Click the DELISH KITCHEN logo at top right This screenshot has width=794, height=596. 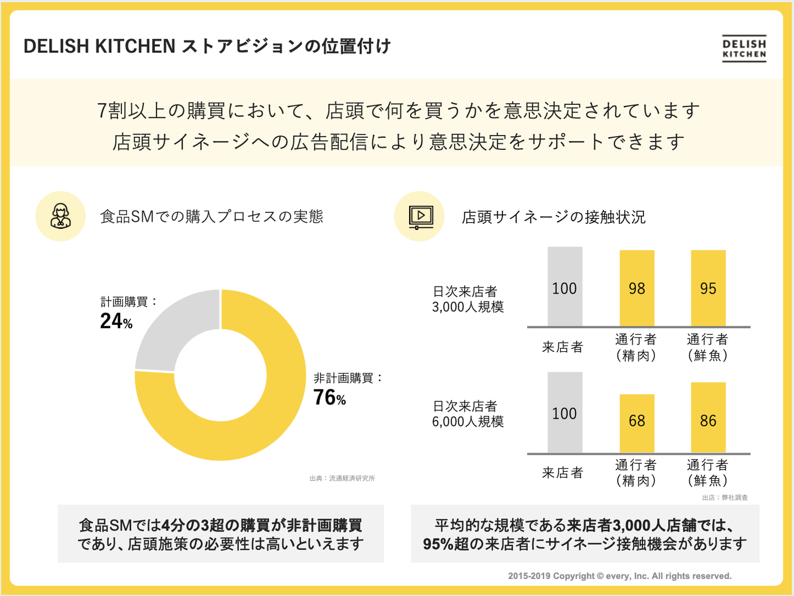(x=744, y=49)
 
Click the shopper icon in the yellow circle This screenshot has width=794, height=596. (x=61, y=216)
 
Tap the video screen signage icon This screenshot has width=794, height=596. (x=420, y=217)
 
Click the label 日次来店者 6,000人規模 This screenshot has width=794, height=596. (x=468, y=414)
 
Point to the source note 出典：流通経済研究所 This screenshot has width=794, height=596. (x=342, y=479)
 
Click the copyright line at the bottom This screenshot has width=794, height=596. (x=620, y=576)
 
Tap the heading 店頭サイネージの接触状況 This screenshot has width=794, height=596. (x=553, y=217)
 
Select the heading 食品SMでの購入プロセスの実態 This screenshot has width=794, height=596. (x=212, y=217)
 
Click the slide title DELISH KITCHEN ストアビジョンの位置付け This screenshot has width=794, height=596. (x=207, y=46)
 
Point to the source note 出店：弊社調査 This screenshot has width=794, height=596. (x=725, y=497)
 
